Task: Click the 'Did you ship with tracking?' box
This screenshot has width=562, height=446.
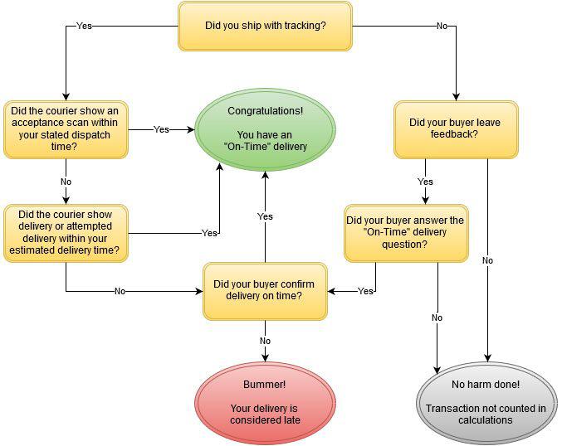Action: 265,25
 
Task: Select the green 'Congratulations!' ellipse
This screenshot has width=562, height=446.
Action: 265,129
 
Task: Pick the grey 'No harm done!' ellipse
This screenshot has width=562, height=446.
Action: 486,404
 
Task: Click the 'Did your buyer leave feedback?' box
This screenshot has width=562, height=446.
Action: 455,129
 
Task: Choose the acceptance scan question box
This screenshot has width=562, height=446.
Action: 66,129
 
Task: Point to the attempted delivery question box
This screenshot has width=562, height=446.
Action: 66,233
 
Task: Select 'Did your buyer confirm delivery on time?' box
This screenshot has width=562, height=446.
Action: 265,290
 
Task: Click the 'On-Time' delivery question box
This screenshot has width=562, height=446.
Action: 405,233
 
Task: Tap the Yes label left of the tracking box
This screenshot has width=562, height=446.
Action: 84,26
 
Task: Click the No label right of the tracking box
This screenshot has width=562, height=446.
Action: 442,26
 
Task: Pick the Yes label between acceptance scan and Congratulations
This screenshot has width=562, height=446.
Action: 161,129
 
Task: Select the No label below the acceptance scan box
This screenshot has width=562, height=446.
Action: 66,182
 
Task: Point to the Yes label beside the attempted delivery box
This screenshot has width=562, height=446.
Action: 209,233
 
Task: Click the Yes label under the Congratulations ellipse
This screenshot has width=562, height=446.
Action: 265,216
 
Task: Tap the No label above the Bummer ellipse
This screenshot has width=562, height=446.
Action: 265,341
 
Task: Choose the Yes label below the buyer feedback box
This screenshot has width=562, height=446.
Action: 425,182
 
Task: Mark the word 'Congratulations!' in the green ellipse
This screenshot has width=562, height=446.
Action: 265,110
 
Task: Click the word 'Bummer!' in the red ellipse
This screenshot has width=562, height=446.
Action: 265,385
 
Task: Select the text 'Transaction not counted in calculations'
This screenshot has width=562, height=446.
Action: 486,414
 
